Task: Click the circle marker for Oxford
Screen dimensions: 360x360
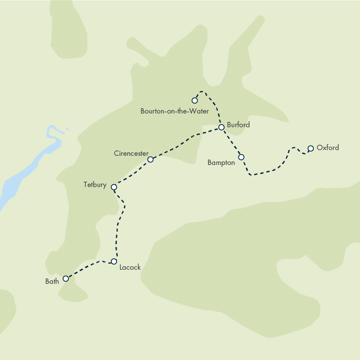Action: [x=310, y=148]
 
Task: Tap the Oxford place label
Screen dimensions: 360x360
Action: [x=327, y=147]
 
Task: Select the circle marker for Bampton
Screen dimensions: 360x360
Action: [x=241, y=157]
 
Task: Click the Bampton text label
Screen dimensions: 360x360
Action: [x=221, y=163]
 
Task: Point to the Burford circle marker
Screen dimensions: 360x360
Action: [x=221, y=127]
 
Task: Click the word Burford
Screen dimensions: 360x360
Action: [x=238, y=125]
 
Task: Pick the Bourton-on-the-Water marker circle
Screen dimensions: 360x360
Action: [x=195, y=101]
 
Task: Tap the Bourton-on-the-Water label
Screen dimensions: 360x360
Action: [x=174, y=111]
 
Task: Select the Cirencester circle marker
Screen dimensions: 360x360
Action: [x=150, y=159]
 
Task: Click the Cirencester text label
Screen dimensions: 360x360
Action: [x=131, y=153]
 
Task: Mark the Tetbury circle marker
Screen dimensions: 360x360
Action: [x=114, y=187]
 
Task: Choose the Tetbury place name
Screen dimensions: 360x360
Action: [x=95, y=185]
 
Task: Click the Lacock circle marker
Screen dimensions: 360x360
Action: [x=114, y=261]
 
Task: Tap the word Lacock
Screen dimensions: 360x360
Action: [x=130, y=267]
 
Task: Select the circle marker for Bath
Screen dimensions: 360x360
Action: [x=66, y=278]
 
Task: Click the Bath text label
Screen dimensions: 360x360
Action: [x=52, y=282]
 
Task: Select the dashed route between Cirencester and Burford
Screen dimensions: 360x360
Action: [x=183, y=143]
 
